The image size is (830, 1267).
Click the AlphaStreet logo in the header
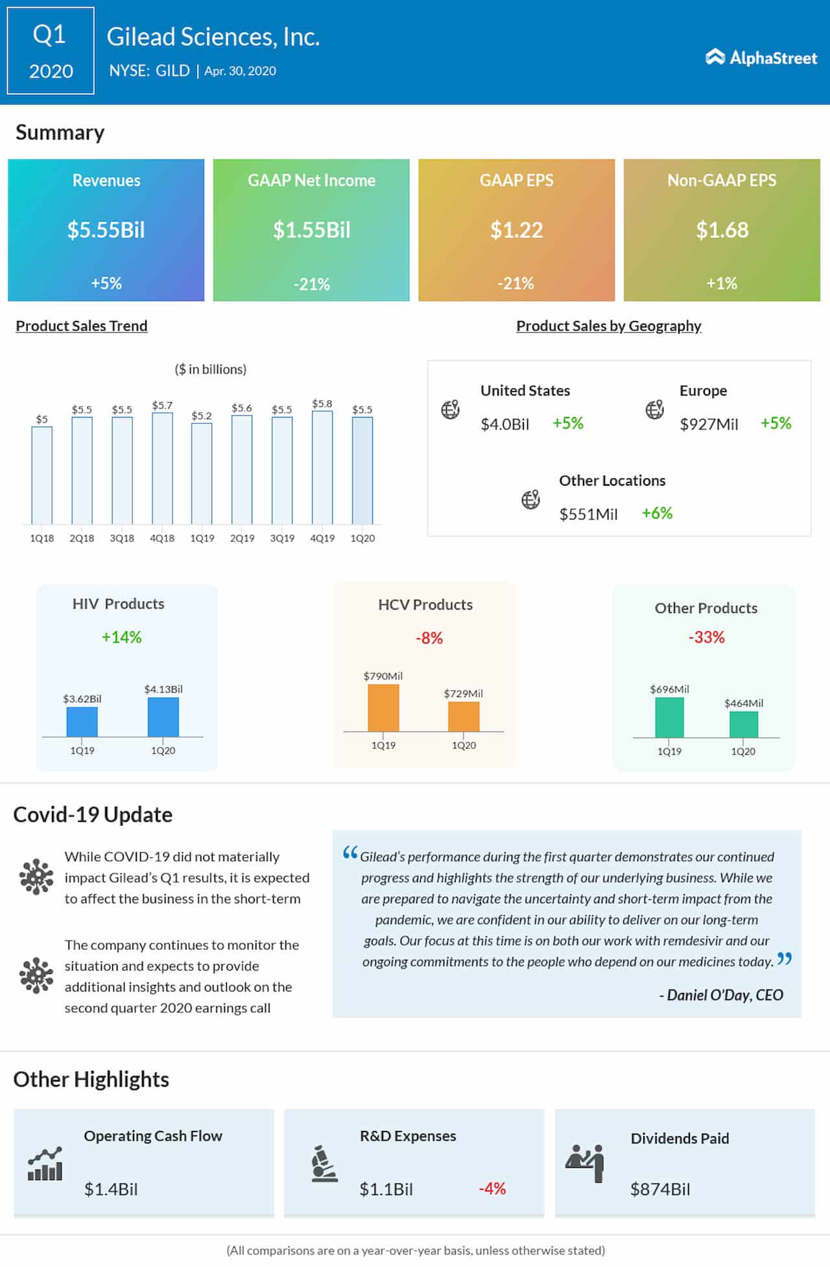[x=761, y=58]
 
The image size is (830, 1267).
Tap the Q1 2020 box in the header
[x=51, y=51]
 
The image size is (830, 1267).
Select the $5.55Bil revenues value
[x=106, y=230]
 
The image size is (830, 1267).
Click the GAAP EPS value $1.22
[x=516, y=230]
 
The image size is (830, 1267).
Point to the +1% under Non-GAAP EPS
[x=722, y=283]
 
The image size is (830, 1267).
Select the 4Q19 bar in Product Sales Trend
[x=322, y=467]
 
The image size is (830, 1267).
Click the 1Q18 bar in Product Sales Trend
[x=41, y=475]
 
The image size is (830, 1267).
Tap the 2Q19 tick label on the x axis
[x=242, y=538]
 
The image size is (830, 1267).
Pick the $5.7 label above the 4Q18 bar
[x=162, y=405]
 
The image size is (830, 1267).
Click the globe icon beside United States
[x=451, y=409]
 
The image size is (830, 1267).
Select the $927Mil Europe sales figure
[x=709, y=424]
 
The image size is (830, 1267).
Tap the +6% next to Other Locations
[x=657, y=514]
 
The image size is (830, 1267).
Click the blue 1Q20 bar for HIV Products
[x=163, y=716]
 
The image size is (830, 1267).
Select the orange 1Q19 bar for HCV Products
[x=383, y=707]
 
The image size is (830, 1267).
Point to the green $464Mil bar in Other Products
[x=743, y=724]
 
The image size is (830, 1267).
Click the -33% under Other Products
[x=706, y=637]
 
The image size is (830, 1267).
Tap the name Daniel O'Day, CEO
[x=721, y=995]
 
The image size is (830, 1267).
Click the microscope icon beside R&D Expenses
[x=324, y=1164]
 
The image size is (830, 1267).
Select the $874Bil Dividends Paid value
[x=660, y=1189]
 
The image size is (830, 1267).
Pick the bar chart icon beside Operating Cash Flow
[x=45, y=1164]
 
